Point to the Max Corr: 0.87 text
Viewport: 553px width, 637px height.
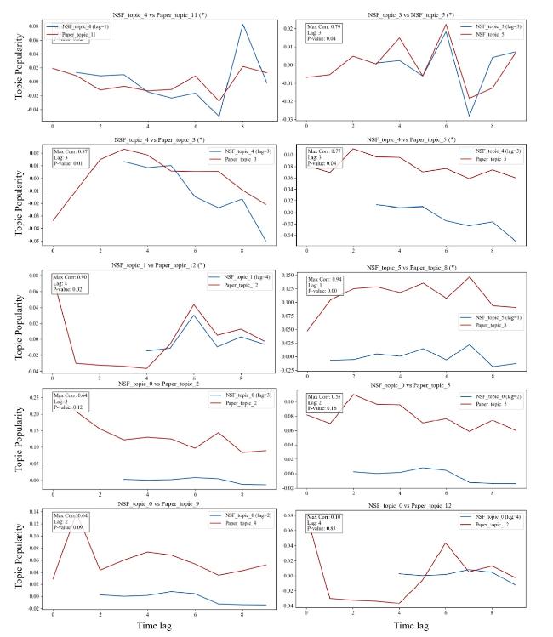73,150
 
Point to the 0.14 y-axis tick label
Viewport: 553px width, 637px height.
35,512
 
